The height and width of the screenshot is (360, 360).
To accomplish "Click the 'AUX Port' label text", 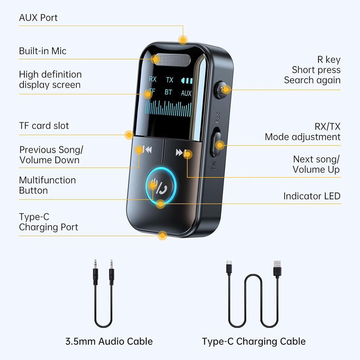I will [x=38, y=18].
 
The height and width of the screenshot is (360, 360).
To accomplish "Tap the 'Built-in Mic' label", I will [x=42, y=51].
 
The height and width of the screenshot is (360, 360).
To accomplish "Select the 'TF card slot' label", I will [x=44, y=126].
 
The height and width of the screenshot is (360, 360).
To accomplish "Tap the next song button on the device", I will [x=181, y=153].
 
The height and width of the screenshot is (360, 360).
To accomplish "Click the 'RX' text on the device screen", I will [x=153, y=79].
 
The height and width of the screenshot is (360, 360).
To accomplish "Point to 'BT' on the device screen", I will [x=168, y=92].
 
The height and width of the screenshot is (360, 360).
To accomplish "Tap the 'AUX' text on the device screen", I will [x=186, y=93].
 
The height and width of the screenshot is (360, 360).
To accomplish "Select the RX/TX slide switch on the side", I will [x=216, y=143].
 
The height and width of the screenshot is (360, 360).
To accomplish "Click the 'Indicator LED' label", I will [x=311, y=196].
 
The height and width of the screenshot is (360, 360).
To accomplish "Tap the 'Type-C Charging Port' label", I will [x=48, y=222].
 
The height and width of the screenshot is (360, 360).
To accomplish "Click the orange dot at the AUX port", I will [x=183, y=40].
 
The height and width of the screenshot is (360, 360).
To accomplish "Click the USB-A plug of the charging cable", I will [x=277, y=269].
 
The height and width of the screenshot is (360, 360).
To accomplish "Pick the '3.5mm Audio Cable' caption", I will [x=109, y=341].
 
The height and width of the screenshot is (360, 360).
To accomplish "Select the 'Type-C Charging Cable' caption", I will [x=253, y=341].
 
